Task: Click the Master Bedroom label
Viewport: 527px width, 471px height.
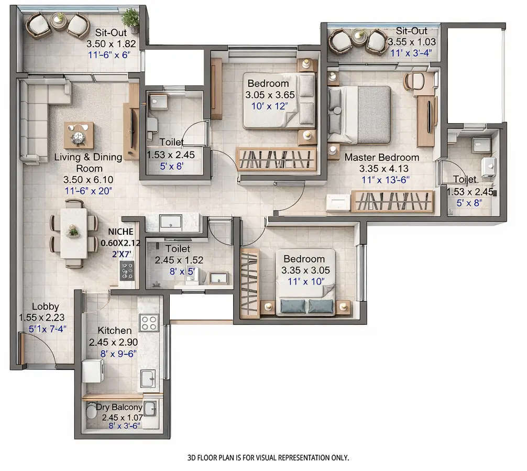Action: [381, 157]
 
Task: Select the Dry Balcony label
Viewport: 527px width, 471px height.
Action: [119, 407]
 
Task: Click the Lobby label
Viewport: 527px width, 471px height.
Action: [45, 307]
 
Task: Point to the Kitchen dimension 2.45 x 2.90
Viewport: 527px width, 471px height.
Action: [115, 343]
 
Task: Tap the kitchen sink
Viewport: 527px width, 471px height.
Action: [148, 377]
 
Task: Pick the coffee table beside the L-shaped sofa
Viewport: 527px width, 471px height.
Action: [79, 135]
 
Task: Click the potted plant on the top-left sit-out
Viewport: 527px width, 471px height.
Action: [131, 19]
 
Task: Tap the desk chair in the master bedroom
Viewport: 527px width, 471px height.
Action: [415, 81]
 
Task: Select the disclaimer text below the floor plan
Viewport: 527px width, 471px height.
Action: [268, 457]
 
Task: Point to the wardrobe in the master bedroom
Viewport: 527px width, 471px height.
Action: [393, 201]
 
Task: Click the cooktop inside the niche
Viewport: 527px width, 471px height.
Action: [127, 270]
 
